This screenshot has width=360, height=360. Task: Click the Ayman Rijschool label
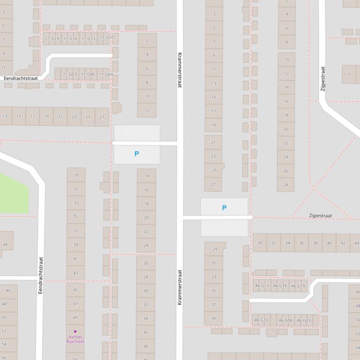click(75, 339)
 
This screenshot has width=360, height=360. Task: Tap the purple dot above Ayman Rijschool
click(75, 331)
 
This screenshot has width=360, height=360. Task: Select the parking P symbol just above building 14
click(137, 154)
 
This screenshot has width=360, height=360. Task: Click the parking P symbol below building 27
click(224, 208)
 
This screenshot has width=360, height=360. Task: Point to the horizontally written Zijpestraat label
click(320, 216)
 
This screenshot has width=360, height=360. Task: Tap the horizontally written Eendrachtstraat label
click(21, 78)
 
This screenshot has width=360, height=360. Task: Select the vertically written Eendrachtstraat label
click(40, 275)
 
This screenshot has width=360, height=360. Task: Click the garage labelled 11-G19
click(51, 39)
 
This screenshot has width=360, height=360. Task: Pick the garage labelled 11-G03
click(70, 74)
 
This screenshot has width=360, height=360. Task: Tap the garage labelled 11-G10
click(107, 37)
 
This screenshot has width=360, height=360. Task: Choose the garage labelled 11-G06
click(88, 74)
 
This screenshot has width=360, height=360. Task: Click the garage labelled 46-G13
click(262, 286)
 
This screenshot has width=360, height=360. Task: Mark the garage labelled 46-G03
click(304, 320)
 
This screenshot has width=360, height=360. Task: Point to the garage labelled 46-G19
click(298, 286)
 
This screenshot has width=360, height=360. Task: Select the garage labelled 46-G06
click(286, 320)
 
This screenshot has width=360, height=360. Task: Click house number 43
click(75, 273)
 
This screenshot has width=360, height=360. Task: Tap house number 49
click(75, 318)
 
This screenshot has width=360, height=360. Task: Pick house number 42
click(343, 243)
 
